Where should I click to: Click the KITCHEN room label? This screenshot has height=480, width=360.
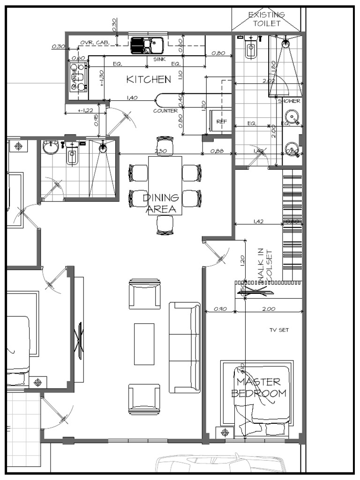click(149, 80)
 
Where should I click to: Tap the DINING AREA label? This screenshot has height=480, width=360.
click(160, 204)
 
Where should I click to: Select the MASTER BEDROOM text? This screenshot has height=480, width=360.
click(259, 388)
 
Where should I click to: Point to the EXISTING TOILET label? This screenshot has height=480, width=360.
click(266, 19)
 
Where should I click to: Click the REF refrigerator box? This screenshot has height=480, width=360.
click(221, 121)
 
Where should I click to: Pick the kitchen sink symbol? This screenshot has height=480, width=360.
click(147, 45)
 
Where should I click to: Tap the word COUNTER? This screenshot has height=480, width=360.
click(165, 111)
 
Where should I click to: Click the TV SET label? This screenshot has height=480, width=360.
click(279, 330)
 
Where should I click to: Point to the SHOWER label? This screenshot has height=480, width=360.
click(289, 101)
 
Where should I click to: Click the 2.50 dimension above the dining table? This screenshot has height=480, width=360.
click(161, 151)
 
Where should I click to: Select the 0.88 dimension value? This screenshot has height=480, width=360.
click(217, 151)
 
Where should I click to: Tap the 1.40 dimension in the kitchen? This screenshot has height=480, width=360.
click(132, 98)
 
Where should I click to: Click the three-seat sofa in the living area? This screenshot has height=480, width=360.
click(185, 347)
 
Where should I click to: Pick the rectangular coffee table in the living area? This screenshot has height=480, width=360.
click(144, 344)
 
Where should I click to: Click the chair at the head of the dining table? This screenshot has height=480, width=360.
click(165, 143)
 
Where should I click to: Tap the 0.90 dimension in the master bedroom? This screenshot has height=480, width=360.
click(220, 309)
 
